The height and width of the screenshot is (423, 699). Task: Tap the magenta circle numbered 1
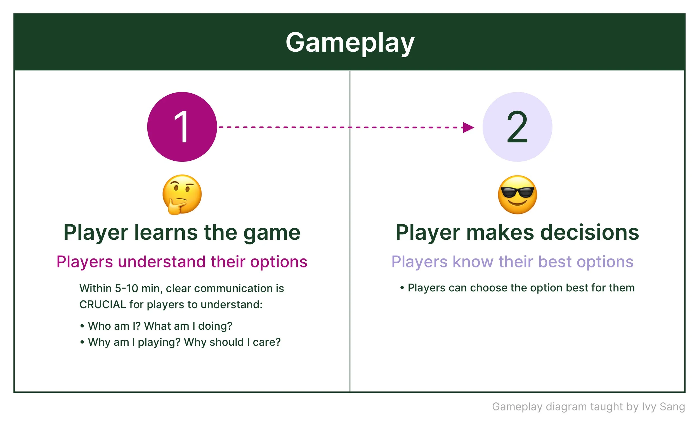pos(182,127)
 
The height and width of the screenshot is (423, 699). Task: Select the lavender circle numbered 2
pos(517,127)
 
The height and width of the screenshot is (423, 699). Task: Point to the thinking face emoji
pos(182,194)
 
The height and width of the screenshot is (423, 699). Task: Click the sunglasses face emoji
pos(517,194)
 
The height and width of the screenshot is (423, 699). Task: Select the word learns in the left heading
pos(166,232)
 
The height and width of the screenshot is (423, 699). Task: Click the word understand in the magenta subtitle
pos(161,262)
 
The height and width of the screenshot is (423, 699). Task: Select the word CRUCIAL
pos(102,305)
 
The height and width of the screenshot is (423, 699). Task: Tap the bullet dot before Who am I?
pos(82,326)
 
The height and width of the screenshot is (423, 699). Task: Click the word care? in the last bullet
pos(266,342)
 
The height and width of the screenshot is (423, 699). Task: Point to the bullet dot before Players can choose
pos(402,288)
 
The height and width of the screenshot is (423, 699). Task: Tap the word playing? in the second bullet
pos(159,342)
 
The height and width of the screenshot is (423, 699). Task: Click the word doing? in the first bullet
pos(215,326)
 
